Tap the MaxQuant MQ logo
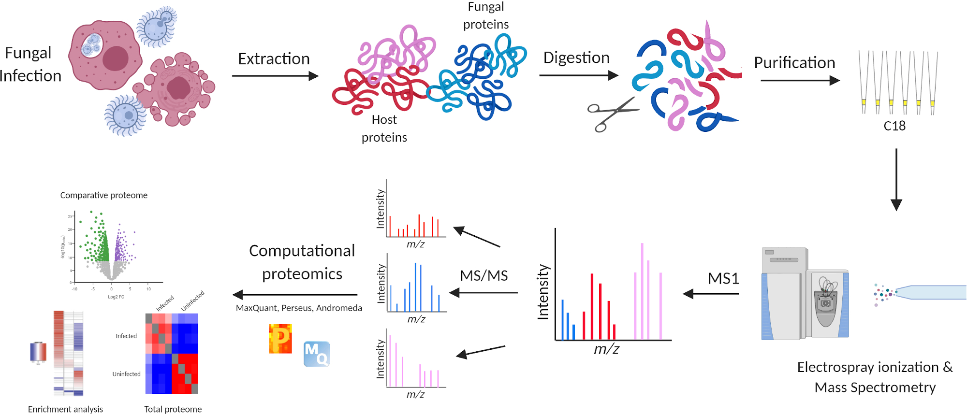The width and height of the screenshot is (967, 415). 316,354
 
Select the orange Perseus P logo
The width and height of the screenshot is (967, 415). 280,339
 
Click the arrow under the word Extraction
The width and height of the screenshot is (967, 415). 275,76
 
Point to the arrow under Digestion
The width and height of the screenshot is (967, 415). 578,75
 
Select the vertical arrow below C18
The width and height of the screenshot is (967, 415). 896,179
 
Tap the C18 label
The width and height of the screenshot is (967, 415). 894,126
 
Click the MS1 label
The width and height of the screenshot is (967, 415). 723,278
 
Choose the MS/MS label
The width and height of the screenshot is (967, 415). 483,275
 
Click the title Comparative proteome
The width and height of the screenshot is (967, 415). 103,195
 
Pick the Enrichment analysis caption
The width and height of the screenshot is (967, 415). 65,409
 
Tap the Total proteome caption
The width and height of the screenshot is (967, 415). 173,409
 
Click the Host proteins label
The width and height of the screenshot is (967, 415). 384,129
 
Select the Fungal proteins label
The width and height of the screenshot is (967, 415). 486,15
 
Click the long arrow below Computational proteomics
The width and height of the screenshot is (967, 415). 295,294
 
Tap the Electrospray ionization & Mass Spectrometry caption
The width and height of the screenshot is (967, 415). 875,377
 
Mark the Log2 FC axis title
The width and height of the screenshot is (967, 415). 116,297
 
